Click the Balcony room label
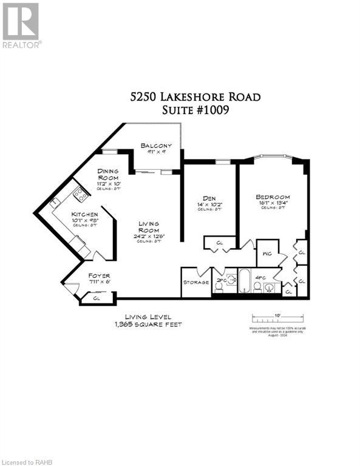156,146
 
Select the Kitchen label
84,215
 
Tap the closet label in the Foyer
97,297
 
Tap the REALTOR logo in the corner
21,25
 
